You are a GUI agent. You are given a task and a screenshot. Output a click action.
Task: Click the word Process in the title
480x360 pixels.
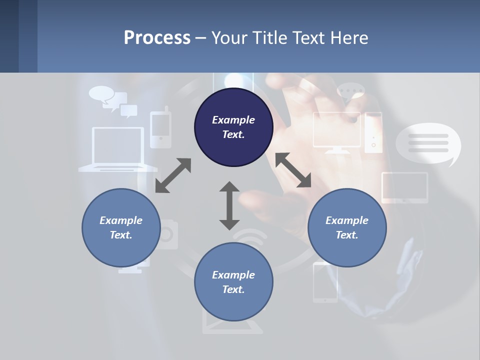(x=157, y=37)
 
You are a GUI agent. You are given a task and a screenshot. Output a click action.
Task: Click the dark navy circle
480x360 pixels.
(x=233, y=127)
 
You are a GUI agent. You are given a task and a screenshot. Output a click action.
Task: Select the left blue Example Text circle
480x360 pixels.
(x=121, y=227)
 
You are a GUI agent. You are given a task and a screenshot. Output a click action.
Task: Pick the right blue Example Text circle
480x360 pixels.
(x=347, y=227)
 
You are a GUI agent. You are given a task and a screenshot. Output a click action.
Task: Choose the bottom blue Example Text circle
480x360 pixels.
(x=233, y=282)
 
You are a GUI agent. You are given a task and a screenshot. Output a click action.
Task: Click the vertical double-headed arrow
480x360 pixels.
(x=229, y=205)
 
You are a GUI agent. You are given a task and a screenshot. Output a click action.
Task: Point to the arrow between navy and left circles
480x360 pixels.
(x=173, y=175)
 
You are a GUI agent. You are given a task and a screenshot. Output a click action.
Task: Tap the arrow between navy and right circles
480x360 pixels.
(x=293, y=170)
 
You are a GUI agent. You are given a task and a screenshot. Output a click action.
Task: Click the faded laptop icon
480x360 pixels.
(x=118, y=149)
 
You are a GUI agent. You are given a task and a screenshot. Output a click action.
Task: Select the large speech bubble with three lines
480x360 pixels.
(x=428, y=143)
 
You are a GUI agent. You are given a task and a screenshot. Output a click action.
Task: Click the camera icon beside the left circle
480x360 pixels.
(x=168, y=234)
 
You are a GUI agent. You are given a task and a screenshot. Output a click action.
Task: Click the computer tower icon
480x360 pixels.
(x=373, y=132)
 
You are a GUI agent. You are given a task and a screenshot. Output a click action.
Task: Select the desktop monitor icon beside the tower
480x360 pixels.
(x=336, y=131)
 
